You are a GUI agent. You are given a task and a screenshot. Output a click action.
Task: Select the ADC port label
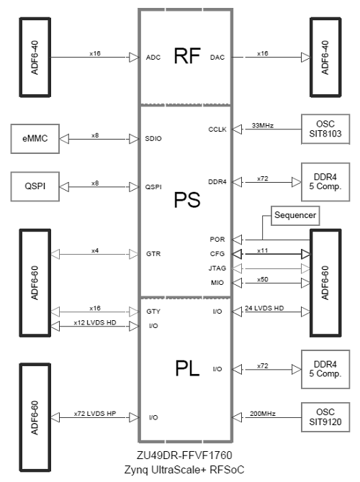pos(153,56)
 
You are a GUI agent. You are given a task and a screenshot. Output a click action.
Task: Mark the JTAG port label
pos(217,268)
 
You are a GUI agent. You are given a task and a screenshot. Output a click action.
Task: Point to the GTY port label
pos(153,312)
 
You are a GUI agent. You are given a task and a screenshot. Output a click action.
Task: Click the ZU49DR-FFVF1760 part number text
pos(185,456)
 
